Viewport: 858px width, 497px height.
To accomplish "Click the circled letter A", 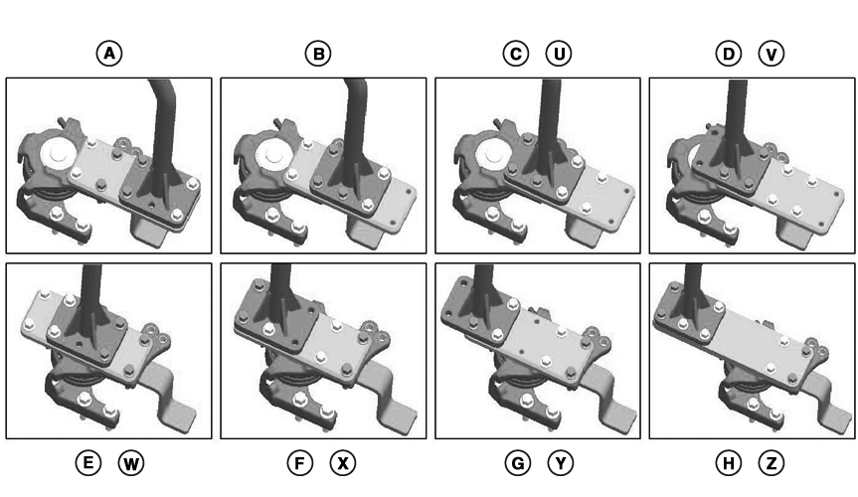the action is coord(109,54).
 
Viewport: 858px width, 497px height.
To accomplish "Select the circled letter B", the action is coord(318,54).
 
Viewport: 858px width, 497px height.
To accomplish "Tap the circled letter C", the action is coord(515,54).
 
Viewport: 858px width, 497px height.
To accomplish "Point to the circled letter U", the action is coord(559,54).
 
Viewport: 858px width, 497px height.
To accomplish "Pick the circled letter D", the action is coord(729,54).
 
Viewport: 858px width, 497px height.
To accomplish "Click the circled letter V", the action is coord(772,54).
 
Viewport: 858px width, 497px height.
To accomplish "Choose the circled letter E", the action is coord(88,463).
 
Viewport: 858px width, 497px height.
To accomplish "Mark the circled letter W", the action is coord(131,463).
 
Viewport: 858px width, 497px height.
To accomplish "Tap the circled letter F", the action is coord(300,463).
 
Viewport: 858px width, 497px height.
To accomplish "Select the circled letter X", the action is coord(343,463).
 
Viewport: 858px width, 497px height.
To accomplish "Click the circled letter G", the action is coord(518,463).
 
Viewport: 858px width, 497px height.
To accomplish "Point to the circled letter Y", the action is coord(561,463).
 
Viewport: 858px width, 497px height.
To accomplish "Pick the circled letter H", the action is coord(729,463).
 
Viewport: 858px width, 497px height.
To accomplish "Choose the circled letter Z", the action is coord(772,463).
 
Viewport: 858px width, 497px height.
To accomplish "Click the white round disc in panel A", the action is coord(58,154).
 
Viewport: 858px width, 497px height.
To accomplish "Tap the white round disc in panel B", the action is coord(272,155).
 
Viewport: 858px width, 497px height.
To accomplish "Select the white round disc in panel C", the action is coord(490,156).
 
